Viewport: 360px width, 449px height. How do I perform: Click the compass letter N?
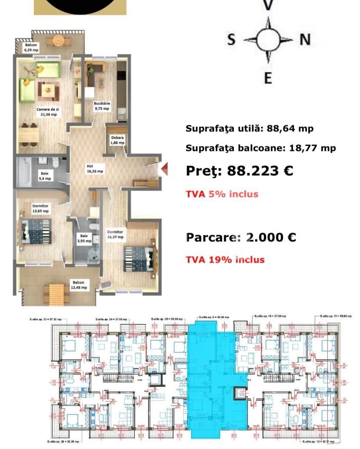305,40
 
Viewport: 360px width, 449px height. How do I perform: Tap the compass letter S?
231,40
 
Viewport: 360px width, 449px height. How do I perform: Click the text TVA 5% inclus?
222,194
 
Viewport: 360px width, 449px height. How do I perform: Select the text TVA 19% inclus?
225,259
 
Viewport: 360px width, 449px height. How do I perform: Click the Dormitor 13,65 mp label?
40,208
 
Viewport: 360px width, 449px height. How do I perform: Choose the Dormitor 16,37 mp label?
115,234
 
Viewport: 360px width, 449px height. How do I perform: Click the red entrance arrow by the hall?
164,169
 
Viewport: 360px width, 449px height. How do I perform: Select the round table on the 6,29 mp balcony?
55,40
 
